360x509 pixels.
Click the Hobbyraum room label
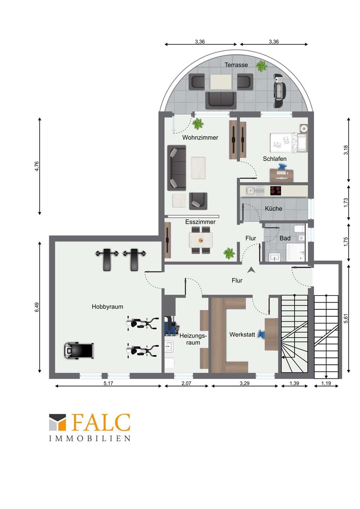[108, 307]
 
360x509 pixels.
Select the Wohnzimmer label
[200, 138]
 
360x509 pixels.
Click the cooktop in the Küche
[275, 191]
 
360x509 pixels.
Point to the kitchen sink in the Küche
[255, 191]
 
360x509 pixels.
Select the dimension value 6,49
[37, 307]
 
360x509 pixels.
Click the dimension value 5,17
[109, 383]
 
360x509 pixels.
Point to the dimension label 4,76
[37, 166]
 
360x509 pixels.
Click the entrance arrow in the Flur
[251, 270]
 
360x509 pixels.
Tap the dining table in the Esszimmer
[201, 240]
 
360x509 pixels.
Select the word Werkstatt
[242, 335]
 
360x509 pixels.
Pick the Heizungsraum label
[193, 339]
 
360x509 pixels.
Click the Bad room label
[285, 238]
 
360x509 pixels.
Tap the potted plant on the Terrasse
[261, 66]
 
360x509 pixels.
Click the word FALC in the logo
[101, 422]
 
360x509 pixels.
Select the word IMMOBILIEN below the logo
[90, 439]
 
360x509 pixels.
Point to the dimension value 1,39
[294, 383]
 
